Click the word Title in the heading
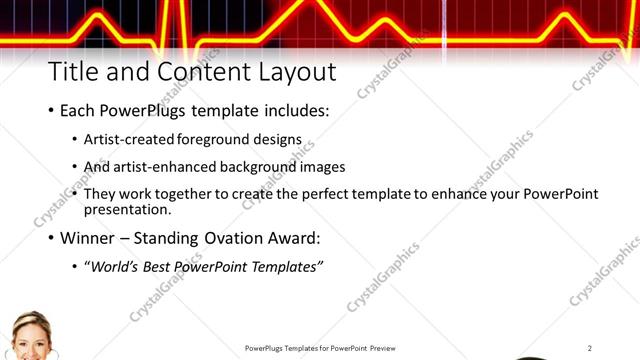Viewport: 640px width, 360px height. tap(72, 73)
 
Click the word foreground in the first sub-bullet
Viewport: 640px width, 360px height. tap(215, 141)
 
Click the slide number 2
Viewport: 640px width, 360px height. tap(590, 347)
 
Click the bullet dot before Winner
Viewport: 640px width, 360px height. tap(51, 239)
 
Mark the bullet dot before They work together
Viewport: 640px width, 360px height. tap(76, 194)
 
